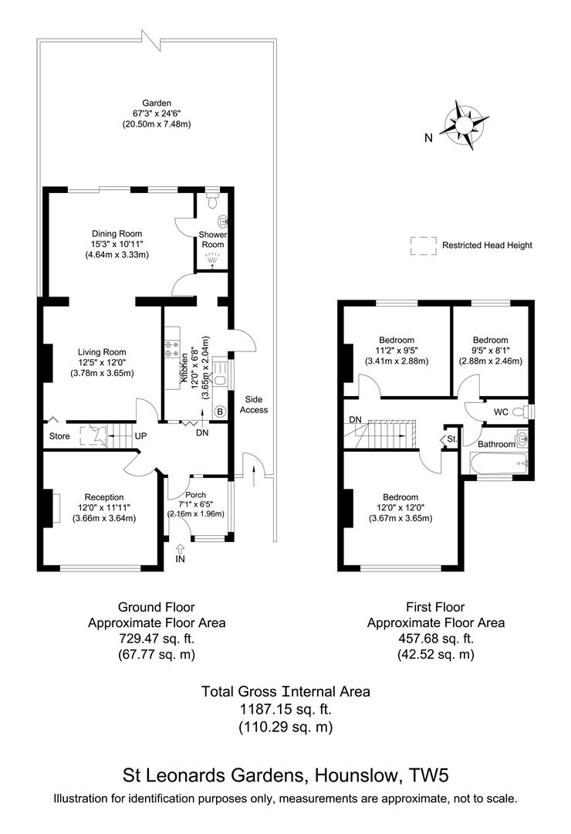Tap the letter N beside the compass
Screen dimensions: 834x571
point(427,138)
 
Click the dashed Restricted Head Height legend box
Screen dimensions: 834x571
point(422,245)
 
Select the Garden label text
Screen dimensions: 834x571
point(156,103)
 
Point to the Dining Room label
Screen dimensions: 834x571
point(117,233)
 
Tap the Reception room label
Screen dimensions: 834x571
point(104,497)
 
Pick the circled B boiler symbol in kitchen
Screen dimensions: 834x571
point(220,412)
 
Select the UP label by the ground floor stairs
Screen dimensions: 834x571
point(141,436)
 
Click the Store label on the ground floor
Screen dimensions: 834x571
point(60,436)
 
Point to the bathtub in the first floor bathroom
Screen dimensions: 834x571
point(498,465)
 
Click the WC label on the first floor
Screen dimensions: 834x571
point(501,412)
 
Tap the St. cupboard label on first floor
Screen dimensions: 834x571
point(452,439)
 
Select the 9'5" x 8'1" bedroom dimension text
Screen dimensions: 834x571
point(490,350)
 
